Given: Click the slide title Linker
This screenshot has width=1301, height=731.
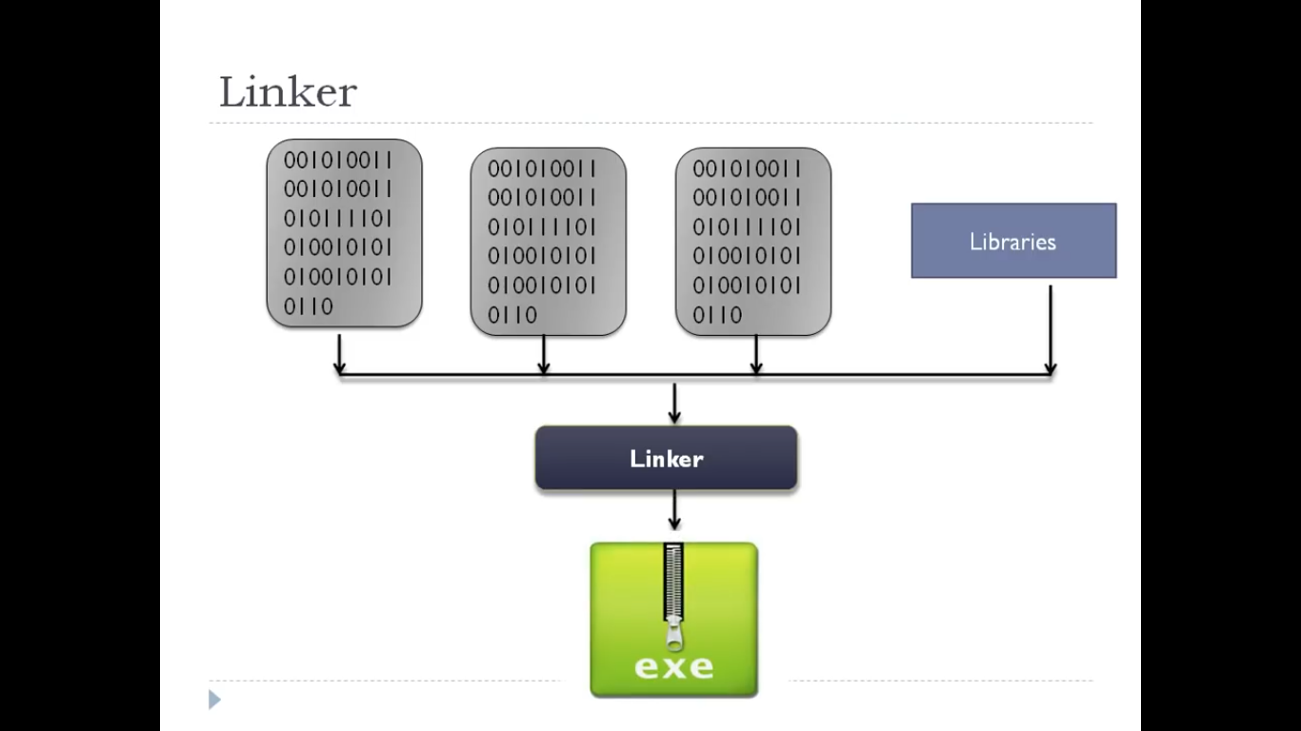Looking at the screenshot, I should (x=288, y=92).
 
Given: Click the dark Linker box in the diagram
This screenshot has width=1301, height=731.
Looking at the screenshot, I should (x=666, y=458).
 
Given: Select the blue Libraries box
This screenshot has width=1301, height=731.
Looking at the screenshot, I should (x=1013, y=241).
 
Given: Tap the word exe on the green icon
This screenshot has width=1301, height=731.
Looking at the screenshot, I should (x=673, y=665).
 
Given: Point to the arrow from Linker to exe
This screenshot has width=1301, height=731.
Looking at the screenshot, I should (x=674, y=510).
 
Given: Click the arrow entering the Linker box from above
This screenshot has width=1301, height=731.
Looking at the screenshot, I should (x=674, y=404).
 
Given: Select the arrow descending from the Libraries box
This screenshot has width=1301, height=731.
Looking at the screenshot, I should (x=1051, y=328).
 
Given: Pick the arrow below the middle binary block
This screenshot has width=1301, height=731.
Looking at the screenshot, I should (x=544, y=355).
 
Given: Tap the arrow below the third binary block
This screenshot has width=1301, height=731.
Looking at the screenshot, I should (x=756, y=355).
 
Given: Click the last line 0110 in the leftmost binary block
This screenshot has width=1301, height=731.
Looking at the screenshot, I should (x=309, y=306).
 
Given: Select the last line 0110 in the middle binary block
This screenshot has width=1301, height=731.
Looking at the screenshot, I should (x=513, y=314).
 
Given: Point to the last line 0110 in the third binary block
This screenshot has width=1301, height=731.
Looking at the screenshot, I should (x=718, y=314).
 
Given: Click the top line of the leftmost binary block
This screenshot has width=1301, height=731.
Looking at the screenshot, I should (x=337, y=160).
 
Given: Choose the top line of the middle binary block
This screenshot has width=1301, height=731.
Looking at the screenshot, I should (x=542, y=168).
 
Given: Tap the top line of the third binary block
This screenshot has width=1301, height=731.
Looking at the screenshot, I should (x=747, y=168).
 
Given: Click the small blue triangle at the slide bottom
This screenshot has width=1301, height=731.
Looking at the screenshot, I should (x=214, y=701).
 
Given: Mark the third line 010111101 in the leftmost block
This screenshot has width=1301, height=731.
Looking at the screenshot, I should (x=337, y=219).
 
